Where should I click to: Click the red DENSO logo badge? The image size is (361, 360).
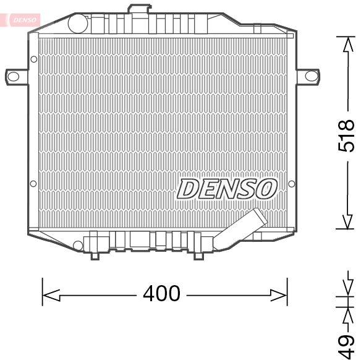pyautogui.click(x=23, y=20)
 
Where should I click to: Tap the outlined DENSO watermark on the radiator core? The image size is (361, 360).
pyautogui.click(x=227, y=189)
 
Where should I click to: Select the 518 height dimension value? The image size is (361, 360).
pyautogui.click(x=347, y=135)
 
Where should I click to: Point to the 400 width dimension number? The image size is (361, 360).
pyautogui.click(x=161, y=293)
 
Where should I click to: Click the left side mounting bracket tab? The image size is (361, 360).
pyautogui.click(x=14, y=76)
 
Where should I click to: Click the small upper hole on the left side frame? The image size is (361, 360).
pyautogui.click(x=33, y=59)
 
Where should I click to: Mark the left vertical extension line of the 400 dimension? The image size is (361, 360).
pyautogui.click(x=42, y=291)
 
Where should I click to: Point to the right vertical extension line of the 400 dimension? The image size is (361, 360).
pyautogui.click(x=287, y=291)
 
